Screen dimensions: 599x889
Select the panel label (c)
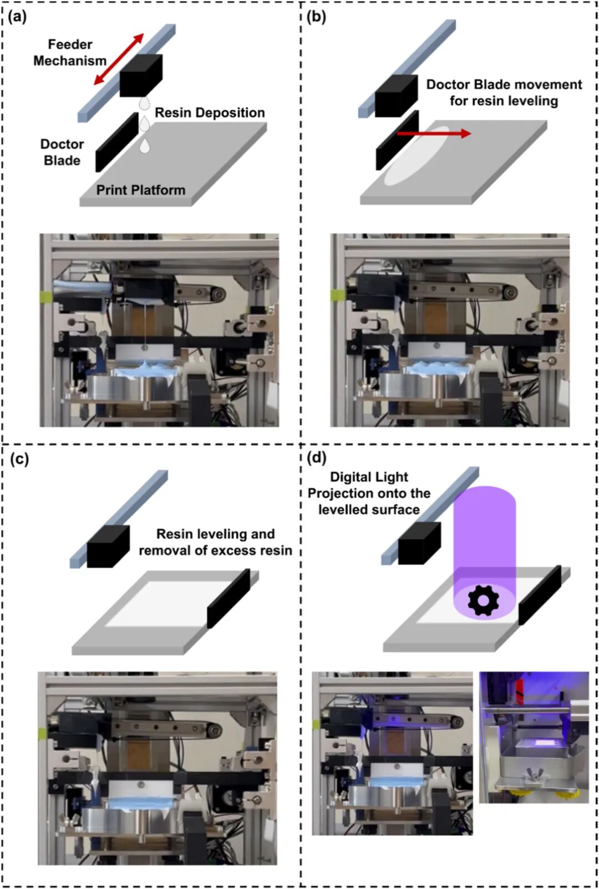tap(19, 459)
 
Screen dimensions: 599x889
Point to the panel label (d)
tap(317, 458)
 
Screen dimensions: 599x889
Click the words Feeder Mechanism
tap(70, 53)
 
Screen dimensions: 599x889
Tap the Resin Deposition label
tap(210, 113)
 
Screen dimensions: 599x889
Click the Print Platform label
tap(141, 190)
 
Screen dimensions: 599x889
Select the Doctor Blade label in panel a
tap(62, 152)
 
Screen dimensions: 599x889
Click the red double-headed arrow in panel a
tap(119, 59)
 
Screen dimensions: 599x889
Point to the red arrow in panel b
tap(434, 134)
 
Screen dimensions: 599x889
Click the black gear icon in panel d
tap(483, 600)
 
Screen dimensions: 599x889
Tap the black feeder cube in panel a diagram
tap(141, 75)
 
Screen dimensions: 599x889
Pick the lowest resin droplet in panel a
tap(145, 146)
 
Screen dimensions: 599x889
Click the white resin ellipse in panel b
tap(417, 156)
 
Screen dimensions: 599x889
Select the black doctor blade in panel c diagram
tap(229, 599)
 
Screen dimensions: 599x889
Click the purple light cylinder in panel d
tap(485, 551)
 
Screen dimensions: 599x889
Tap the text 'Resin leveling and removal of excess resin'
tap(216, 542)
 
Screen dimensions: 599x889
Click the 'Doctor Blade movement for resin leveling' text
tap(504, 93)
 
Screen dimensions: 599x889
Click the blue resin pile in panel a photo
tap(145, 370)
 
